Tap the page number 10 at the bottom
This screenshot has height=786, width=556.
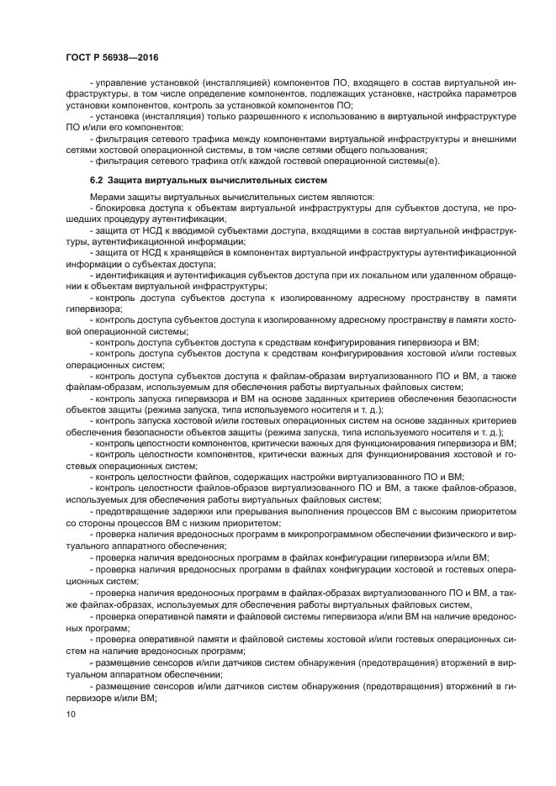[69, 714]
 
